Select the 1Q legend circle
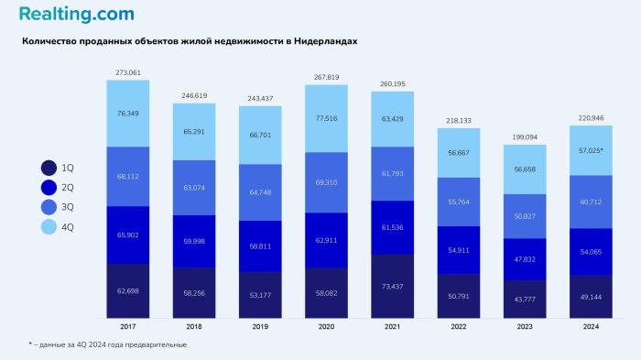coord(49,168)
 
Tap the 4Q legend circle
coord(49,225)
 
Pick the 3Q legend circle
coord(49,206)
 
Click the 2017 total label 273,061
coord(128,71)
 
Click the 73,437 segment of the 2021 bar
coord(392,286)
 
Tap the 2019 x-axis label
coord(260,326)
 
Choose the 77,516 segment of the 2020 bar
coord(326,118)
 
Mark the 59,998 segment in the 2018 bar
coord(194,241)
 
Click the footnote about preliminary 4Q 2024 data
coord(107,344)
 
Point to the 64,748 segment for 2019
coord(260,192)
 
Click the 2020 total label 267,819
coord(326,77)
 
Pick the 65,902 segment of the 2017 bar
coord(128,235)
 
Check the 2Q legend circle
coord(49,187)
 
